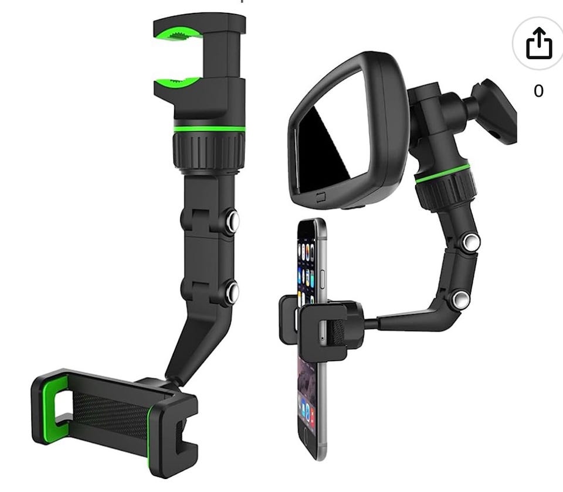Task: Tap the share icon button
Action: click(x=538, y=43)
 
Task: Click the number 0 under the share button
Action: click(x=538, y=91)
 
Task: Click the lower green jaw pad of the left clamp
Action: click(x=177, y=82)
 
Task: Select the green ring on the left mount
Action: click(x=209, y=129)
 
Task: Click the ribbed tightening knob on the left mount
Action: click(x=209, y=151)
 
